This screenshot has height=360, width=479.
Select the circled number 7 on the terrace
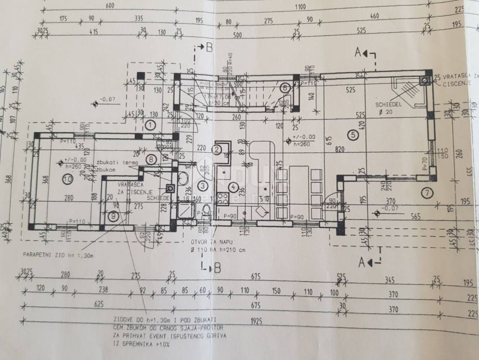click(427, 193)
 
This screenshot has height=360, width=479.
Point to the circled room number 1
click(150, 124)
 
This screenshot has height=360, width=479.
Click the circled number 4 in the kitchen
click(234, 186)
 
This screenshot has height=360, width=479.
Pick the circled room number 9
click(115, 215)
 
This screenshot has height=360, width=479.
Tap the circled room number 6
click(285, 88)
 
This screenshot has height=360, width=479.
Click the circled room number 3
click(204, 185)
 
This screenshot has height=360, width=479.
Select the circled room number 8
click(151, 160)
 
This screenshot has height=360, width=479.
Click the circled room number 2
click(217, 149)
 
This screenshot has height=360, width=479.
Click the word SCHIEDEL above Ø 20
click(387, 104)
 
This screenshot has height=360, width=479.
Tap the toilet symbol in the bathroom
click(206, 211)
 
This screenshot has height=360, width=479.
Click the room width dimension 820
click(340, 148)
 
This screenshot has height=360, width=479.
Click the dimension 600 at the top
click(109, 6)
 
